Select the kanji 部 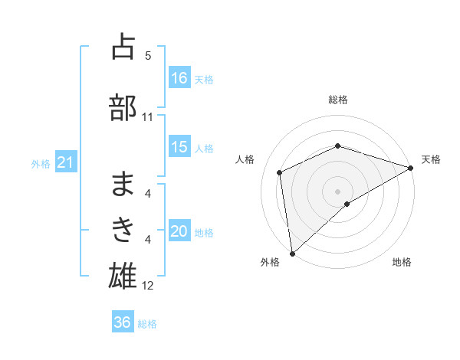(123, 106)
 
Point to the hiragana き (123, 227)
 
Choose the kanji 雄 (123, 273)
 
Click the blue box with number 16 (179, 78)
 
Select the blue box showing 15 (179, 147)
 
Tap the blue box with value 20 (179, 232)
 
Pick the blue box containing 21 (65, 163)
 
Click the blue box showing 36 (123, 322)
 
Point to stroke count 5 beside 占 (148, 56)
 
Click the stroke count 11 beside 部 (148, 117)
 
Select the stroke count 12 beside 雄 (148, 286)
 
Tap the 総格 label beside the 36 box (147, 324)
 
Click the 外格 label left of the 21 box (41, 164)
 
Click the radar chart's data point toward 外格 (292, 253)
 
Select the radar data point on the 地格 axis (347, 204)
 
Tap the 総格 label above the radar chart (338, 100)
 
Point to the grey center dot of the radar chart (338, 191)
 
